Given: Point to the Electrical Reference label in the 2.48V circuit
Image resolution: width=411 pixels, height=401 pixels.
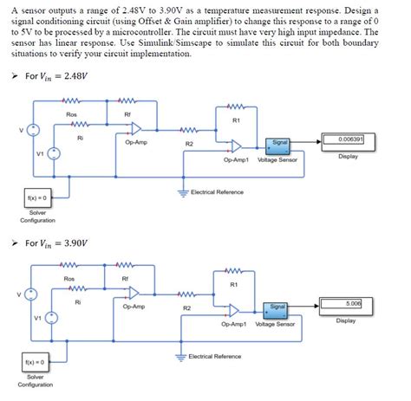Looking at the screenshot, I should (217, 191).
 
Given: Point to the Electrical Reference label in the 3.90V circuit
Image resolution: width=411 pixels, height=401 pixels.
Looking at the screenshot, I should (217, 356).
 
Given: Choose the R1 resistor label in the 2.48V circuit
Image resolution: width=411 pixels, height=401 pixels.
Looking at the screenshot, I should (234, 120).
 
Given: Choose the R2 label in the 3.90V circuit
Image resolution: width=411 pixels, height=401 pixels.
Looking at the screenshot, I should (187, 307).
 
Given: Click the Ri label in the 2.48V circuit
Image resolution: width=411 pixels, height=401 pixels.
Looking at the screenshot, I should (80, 137).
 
